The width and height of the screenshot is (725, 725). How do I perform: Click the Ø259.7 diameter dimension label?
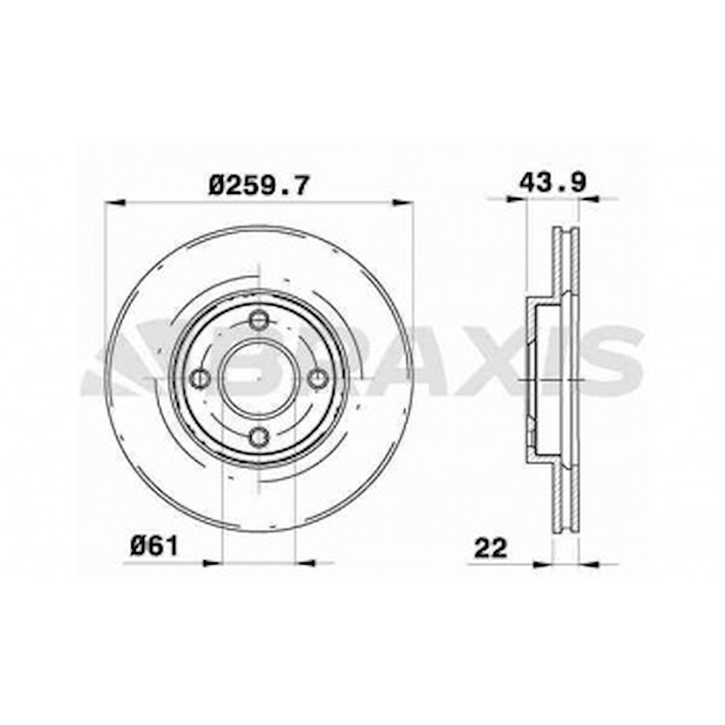point(258,184)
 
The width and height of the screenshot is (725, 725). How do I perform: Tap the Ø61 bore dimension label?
point(154,546)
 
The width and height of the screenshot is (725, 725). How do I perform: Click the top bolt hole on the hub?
point(259,320)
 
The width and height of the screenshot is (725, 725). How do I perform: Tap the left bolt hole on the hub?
point(200,378)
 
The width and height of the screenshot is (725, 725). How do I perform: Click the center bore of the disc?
point(259,378)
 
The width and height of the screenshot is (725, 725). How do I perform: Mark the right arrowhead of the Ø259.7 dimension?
point(403,201)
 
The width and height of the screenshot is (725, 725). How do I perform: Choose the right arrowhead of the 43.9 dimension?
point(589,198)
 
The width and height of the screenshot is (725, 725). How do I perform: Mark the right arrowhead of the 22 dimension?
point(589,563)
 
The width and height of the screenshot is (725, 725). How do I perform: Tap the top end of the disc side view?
point(566,230)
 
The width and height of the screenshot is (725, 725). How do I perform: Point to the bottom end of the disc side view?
point(566,532)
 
